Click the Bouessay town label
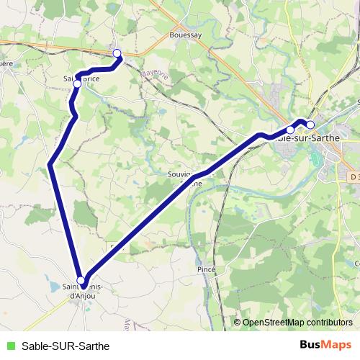[184, 34]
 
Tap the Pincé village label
[207, 269]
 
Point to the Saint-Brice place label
[81, 78]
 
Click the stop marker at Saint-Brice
[77, 84]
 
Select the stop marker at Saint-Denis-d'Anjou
[81, 281]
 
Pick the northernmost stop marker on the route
[117, 52]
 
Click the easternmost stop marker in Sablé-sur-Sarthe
[310, 125]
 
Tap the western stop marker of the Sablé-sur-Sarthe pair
[290, 130]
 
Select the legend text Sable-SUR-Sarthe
[66, 346]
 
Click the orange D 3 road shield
[352, 176]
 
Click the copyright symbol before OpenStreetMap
[238, 322]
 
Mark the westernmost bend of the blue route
[49, 165]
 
